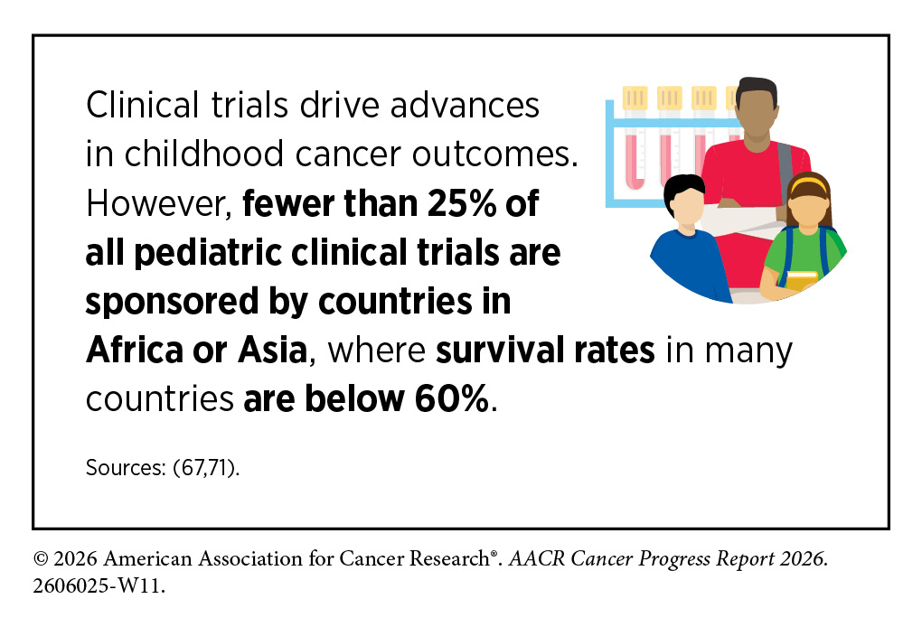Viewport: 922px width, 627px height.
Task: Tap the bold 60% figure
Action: click(452, 398)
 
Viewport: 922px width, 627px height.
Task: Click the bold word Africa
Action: click(135, 350)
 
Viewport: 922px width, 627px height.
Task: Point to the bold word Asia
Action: click(272, 350)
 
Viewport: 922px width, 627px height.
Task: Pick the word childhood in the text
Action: click(204, 154)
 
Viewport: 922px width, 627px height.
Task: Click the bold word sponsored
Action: click(172, 302)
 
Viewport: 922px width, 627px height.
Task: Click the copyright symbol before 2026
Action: click(41, 558)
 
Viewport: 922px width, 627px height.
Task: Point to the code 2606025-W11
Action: click(99, 585)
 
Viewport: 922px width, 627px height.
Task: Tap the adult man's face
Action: click(756, 117)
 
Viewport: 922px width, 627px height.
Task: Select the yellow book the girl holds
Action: click(802, 280)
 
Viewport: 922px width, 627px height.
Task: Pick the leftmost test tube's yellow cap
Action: click(635, 98)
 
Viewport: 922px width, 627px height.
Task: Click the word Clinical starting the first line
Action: click(142, 105)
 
